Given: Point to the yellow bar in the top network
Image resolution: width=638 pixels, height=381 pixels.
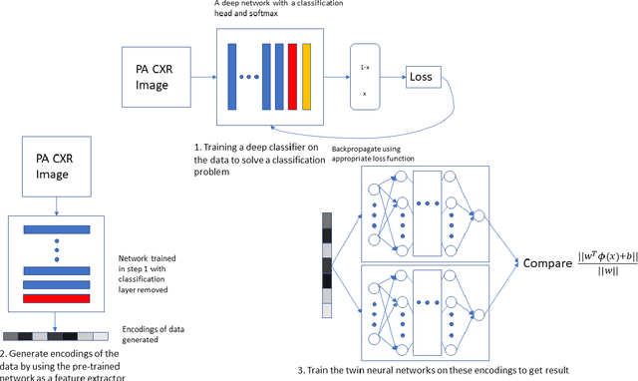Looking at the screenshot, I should [306, 77].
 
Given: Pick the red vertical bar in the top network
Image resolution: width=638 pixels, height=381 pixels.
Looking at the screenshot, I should [292, 77].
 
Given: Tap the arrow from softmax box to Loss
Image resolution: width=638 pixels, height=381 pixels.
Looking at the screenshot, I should [394, 76].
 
